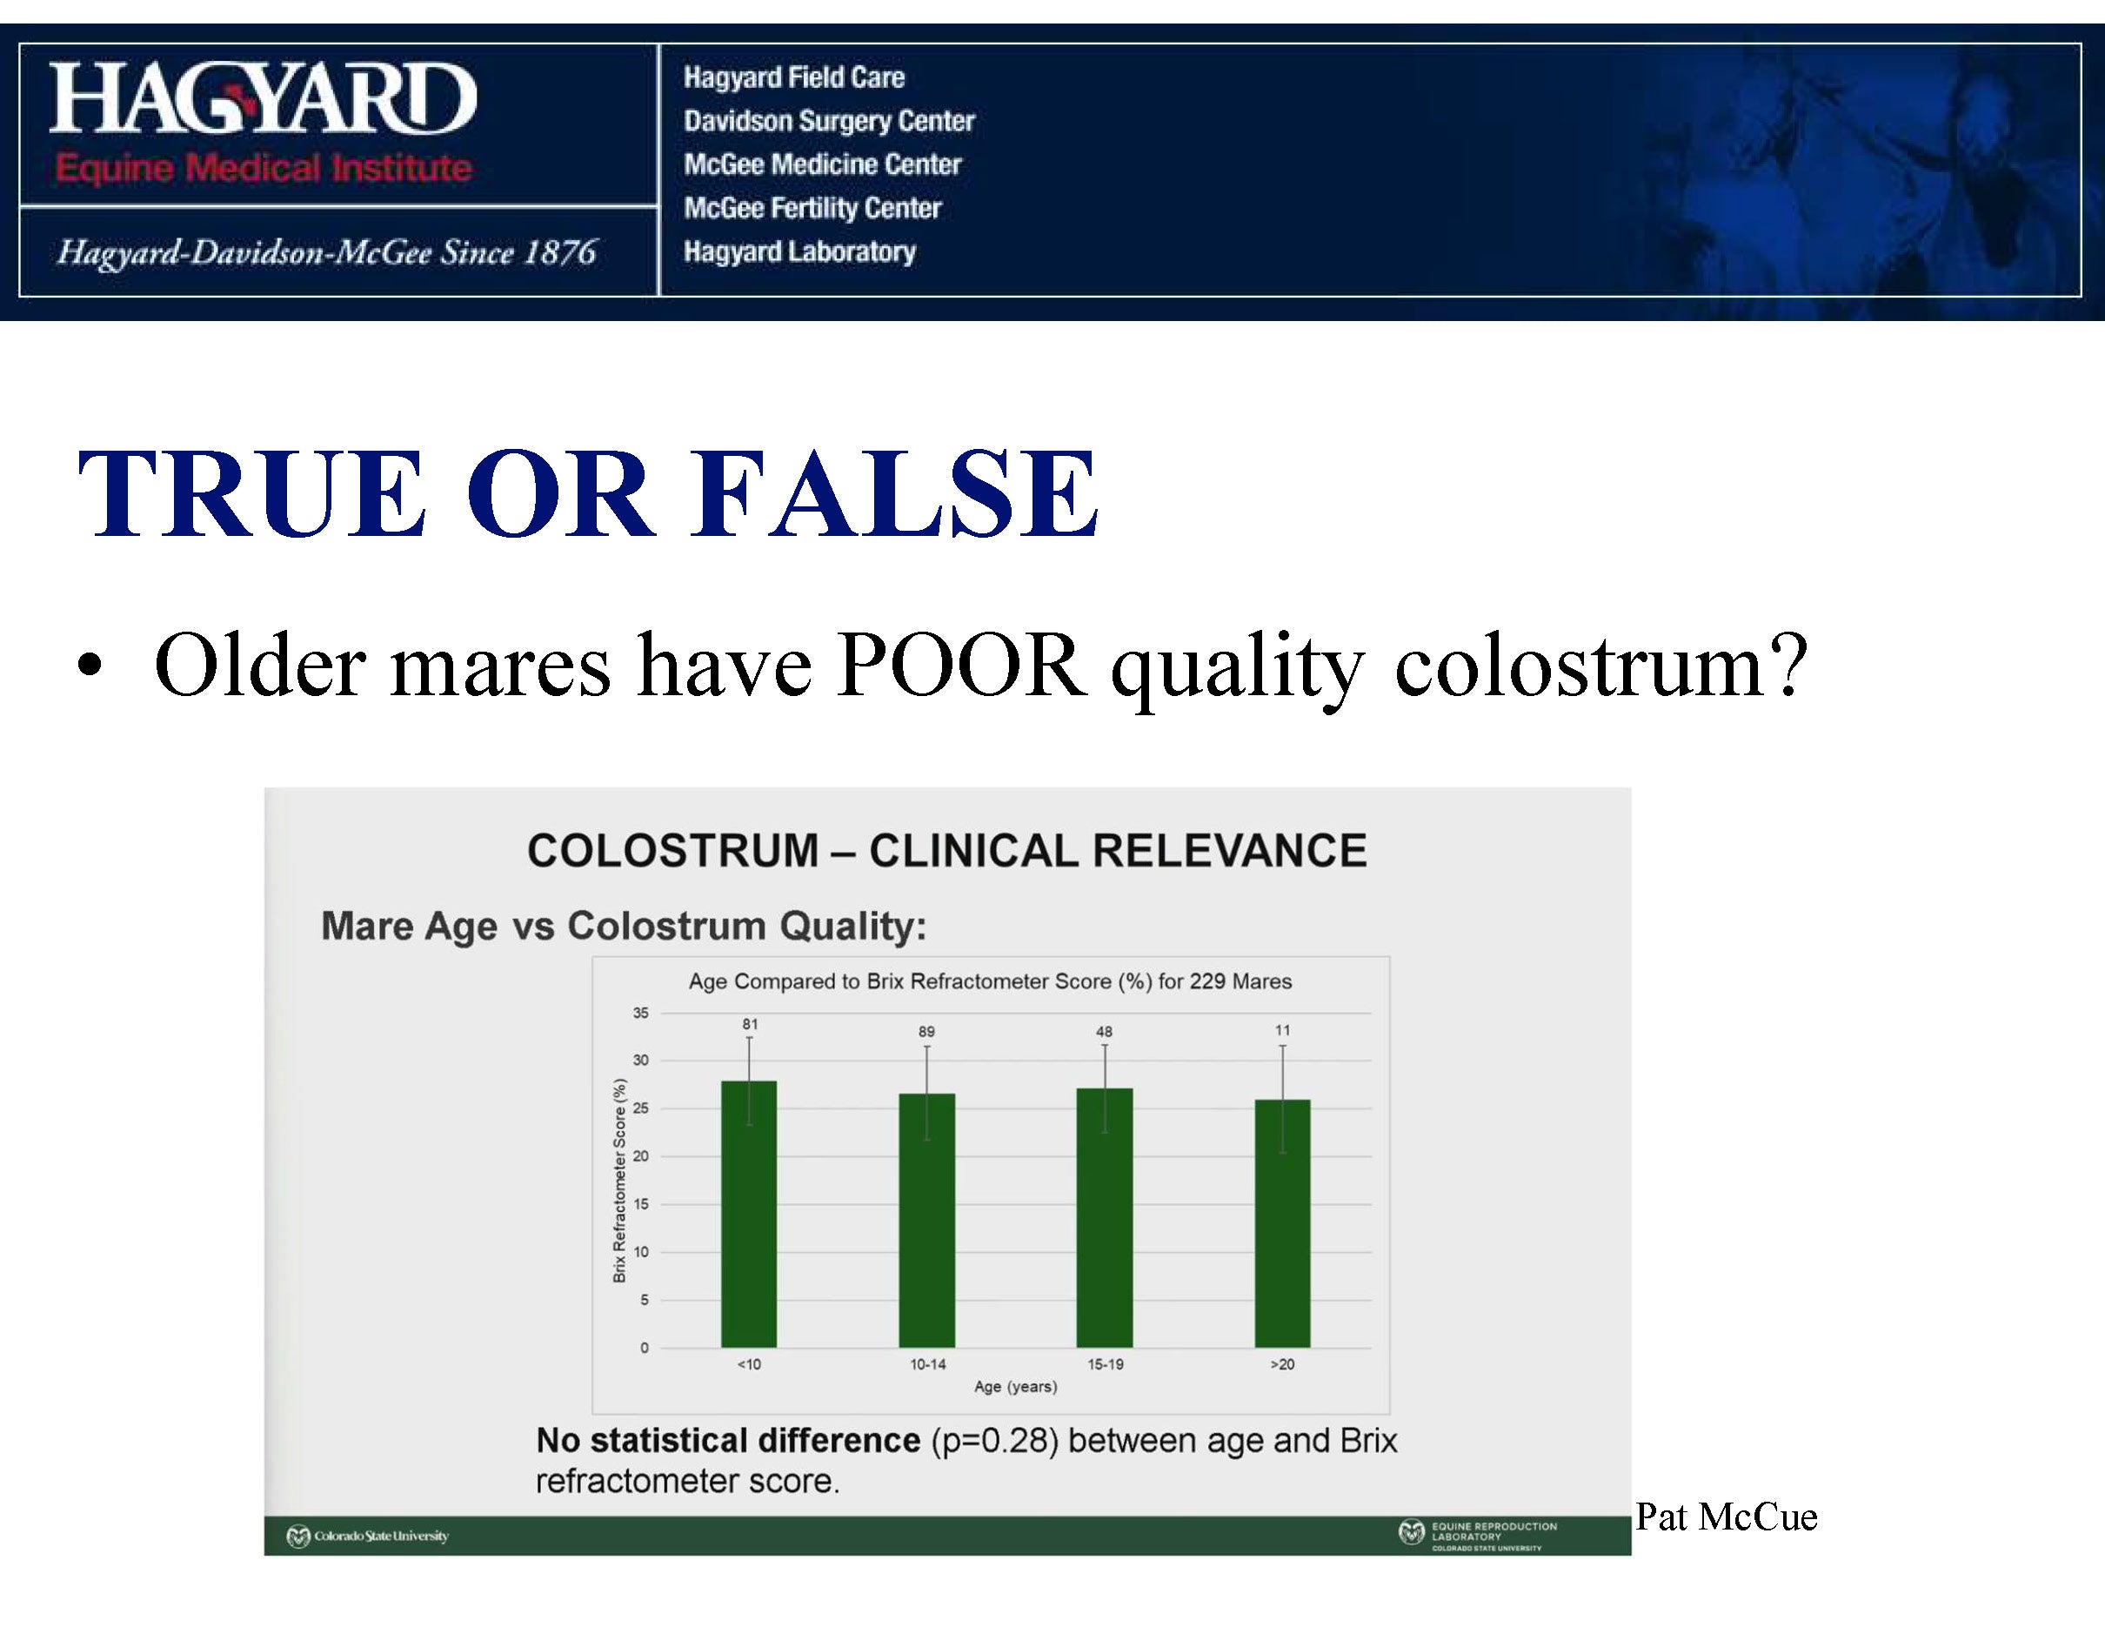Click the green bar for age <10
(749, 1214)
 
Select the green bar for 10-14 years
(927, 1220)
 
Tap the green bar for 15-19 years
(1105, 1217)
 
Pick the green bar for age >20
(1282, 1223)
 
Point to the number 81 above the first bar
(750, 1025)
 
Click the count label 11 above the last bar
(1283, 1030)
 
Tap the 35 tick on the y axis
(641, 1013)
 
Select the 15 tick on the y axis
(641, 1204)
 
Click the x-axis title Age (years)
(1016, 1387)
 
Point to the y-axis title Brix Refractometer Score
(619, 1181)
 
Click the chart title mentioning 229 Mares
(990, 981)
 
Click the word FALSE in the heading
(894, 492)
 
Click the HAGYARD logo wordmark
(262, 97)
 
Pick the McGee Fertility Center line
(812, 208)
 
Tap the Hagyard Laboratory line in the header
(800, 251)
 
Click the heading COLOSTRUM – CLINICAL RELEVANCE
(947, 851)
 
